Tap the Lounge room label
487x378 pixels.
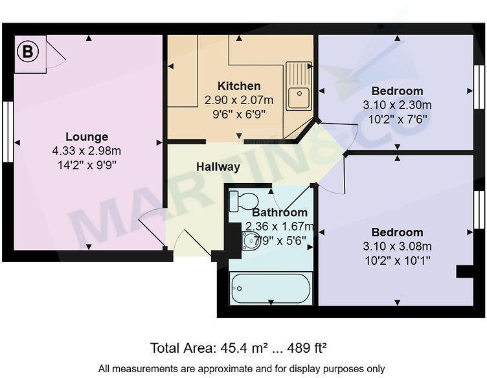87,137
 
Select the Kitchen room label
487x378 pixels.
239,86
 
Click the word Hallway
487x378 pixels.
218,167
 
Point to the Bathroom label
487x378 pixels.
280,212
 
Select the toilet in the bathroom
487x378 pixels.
243,201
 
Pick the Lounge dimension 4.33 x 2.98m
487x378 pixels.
87,150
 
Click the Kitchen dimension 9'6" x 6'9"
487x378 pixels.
239,115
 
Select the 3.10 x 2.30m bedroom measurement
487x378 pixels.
398,105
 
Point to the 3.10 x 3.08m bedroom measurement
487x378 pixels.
398,246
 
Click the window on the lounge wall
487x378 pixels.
7,131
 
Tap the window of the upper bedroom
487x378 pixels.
479,87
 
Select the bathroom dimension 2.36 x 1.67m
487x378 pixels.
280,227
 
